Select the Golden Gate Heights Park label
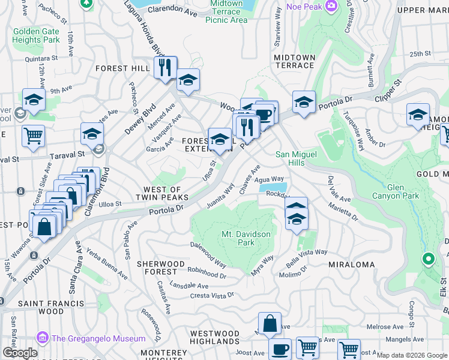coord(37,35)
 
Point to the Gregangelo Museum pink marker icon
coord(42,338)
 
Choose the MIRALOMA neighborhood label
coord(352,265)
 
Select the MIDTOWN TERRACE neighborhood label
coord(294,61)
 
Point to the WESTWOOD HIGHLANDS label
coord(214,337)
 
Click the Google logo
coord(20,353)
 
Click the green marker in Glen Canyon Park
coord(428,259)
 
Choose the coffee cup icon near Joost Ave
coord(279,349)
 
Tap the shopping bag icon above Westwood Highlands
coord(270,323)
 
